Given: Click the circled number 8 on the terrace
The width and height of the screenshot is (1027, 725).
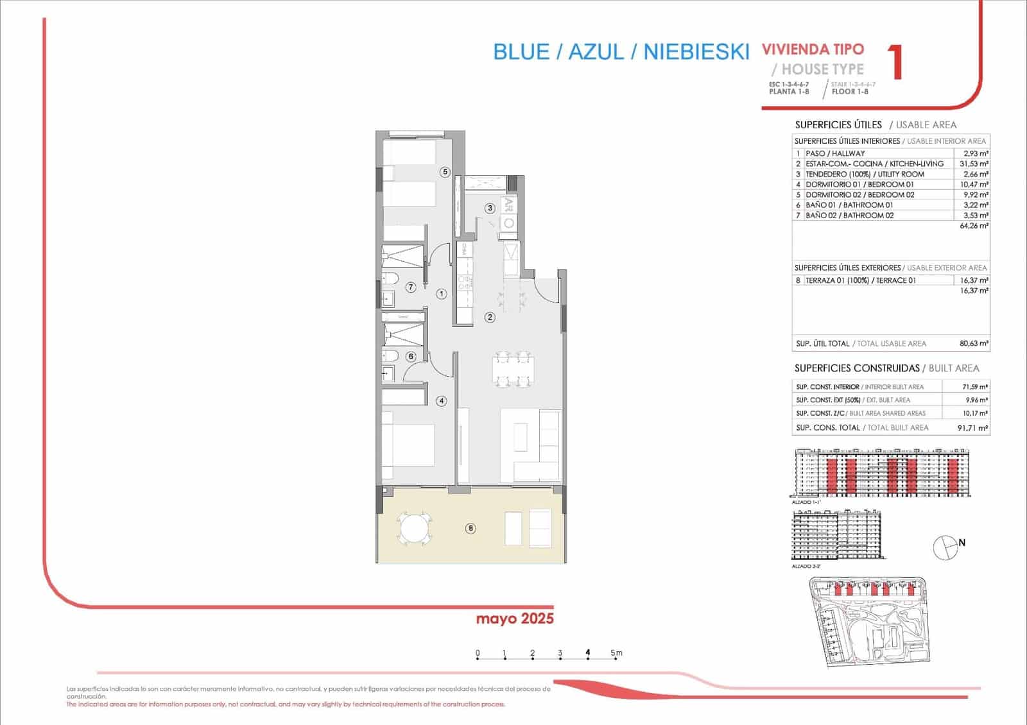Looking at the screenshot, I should coord(471,529).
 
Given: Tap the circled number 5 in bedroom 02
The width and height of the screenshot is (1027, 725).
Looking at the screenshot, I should coord(445,172).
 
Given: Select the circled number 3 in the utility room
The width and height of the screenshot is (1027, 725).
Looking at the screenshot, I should coord(490,208).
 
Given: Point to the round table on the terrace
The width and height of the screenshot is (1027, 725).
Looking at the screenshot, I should coord(414,529).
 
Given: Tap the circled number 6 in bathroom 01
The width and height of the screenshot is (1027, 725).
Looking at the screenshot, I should coord(411,357).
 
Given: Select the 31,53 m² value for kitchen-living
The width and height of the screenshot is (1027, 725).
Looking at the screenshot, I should coord(974,164).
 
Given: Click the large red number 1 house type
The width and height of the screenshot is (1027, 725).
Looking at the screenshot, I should coord(896,62).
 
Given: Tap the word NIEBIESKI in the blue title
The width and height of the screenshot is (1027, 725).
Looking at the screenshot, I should coord(696,52).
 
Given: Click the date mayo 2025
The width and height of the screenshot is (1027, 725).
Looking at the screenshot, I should coord(515,619).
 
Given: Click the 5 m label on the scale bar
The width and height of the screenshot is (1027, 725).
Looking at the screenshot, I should coord(616,654).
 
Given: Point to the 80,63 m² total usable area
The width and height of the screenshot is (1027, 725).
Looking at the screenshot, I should coord(974,343).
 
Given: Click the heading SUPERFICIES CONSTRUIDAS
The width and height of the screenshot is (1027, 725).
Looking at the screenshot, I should coord(857,368).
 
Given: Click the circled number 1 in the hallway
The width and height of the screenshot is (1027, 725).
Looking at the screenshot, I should coord(442,294).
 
